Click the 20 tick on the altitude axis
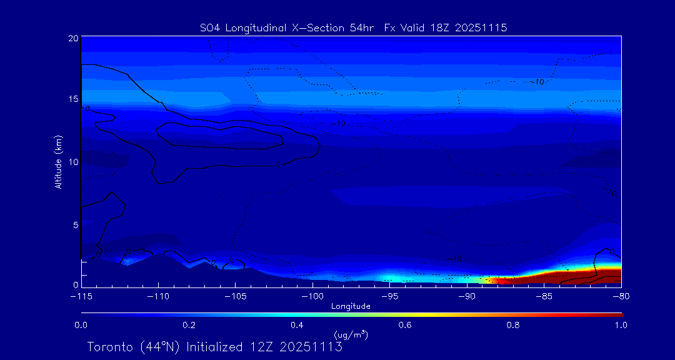click(x=74, y=38)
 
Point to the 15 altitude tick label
click(x=74, y=99)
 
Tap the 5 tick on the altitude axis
click(x=76, y=224)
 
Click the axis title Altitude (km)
click(x=58, y=161)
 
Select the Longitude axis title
click(x=351, y=306)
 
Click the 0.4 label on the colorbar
click(x=297, y=325)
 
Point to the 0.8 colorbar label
click(x=513, y=325)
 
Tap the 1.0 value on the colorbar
click(x=621, y=325)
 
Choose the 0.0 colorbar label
click(x=81, y=325)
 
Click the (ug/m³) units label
click(x=351, y=335)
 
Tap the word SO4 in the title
click(x=210, y=27)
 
